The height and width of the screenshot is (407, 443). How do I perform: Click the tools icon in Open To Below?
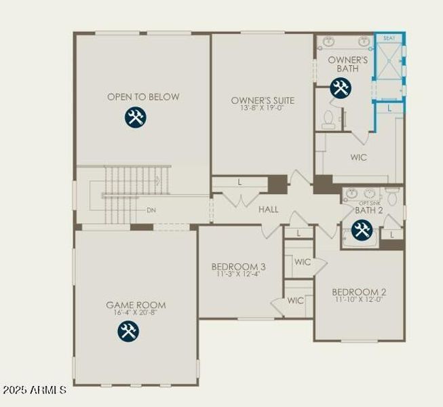[x=136, y=117]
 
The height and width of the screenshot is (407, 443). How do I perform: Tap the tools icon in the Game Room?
[x=128, y=331]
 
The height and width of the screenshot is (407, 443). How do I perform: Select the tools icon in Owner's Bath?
[x=341, y=88]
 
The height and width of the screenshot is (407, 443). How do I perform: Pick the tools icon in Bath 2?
[x=362, y=229]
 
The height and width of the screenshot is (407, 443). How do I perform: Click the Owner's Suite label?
[x=256, y=100]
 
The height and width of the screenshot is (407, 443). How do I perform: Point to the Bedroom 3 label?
[x=238, y=267]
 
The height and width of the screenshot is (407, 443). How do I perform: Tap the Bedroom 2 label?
[x=359, y=292]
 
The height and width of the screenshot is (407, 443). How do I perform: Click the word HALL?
[x=269, y=210]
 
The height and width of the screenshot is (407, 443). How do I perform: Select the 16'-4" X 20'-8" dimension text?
[x=136, y=313]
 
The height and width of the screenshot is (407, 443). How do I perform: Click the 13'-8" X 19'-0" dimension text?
[x=256, y=108]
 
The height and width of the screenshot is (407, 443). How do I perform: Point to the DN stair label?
[x=151, y=210]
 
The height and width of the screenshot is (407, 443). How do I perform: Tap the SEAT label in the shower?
[x=389, y=39]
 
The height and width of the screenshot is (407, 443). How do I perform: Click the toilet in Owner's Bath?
[x=329, y=119]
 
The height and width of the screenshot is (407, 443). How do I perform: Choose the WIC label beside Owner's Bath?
[x=359, y=157]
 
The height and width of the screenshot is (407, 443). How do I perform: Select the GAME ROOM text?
[x=136, y=305]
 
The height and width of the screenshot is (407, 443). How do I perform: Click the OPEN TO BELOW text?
[x=143, y=97]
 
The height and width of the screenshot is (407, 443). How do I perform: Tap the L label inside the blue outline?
[x=389, y=108]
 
